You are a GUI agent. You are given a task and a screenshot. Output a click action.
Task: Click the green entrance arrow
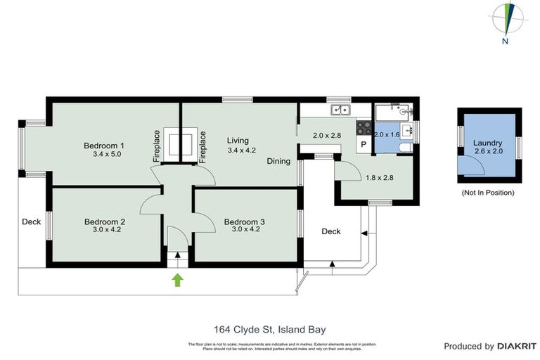(178, 281)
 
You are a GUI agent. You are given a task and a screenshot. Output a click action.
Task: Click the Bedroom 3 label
(245, 222)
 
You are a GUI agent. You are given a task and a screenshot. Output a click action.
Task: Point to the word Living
(238, 141)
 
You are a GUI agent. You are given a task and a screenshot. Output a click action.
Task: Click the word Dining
(278, 161)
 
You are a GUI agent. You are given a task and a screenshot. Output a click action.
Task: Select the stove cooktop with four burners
(364, 127)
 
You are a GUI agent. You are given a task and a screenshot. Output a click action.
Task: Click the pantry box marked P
(364, 144)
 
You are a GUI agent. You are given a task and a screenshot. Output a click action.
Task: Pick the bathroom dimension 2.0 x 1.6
(387, 134)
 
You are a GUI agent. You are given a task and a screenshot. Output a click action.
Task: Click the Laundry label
(487, 143)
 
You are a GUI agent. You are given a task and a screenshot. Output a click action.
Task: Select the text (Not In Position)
(487, 192)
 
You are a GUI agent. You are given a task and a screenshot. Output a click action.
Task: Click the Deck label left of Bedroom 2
(31, 222)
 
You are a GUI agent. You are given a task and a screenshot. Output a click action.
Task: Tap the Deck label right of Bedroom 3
(331, 231)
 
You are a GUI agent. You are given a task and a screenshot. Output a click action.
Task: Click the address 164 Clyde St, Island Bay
(269, 328)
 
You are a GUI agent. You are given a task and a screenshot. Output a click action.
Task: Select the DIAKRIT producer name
(517, 346)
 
